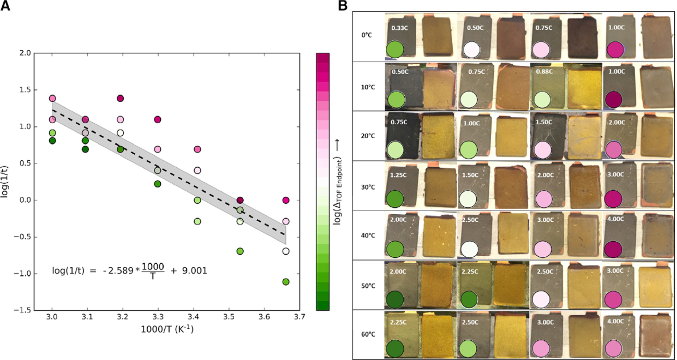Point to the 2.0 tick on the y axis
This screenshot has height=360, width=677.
pyautogui.click(x=25, y=53)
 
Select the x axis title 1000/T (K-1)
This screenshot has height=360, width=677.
pyautogui.click(x=167, y=329)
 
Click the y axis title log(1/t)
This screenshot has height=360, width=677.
pyautogui.click(x=5, y=181)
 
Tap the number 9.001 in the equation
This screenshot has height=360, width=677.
pyautogui.click(x=194, y=270)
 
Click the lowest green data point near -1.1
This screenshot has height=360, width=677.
pyautogui.click(x=286, y=282)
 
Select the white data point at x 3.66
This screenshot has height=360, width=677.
pyautogui.click(x=286, y=251)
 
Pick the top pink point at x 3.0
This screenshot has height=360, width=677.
pyautogui.click(x=52, y=98)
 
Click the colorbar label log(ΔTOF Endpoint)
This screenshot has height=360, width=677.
pyautogui.click(x=337, y=190)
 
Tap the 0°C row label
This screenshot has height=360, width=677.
pyautogui.click(x=366, y=35)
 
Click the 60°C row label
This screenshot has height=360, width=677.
pyautogui.click(x=368, y=334)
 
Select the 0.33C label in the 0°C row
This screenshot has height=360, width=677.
pyautogui.click(x=399, y=28)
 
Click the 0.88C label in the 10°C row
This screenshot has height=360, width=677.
pyautogui.click(x=544, y=71)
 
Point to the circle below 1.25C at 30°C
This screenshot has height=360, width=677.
pyautogui.click(x=395, y=199)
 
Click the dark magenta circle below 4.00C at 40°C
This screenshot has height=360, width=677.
pyautogui.click(x=613, y=249)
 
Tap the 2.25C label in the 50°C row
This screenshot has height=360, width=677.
pyautogui.click(x=470, y=271)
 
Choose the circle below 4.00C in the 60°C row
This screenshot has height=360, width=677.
pyautogui.click(x=613, y=348)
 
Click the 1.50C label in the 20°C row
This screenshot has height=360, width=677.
pyautogui.click(x=544, y=122)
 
